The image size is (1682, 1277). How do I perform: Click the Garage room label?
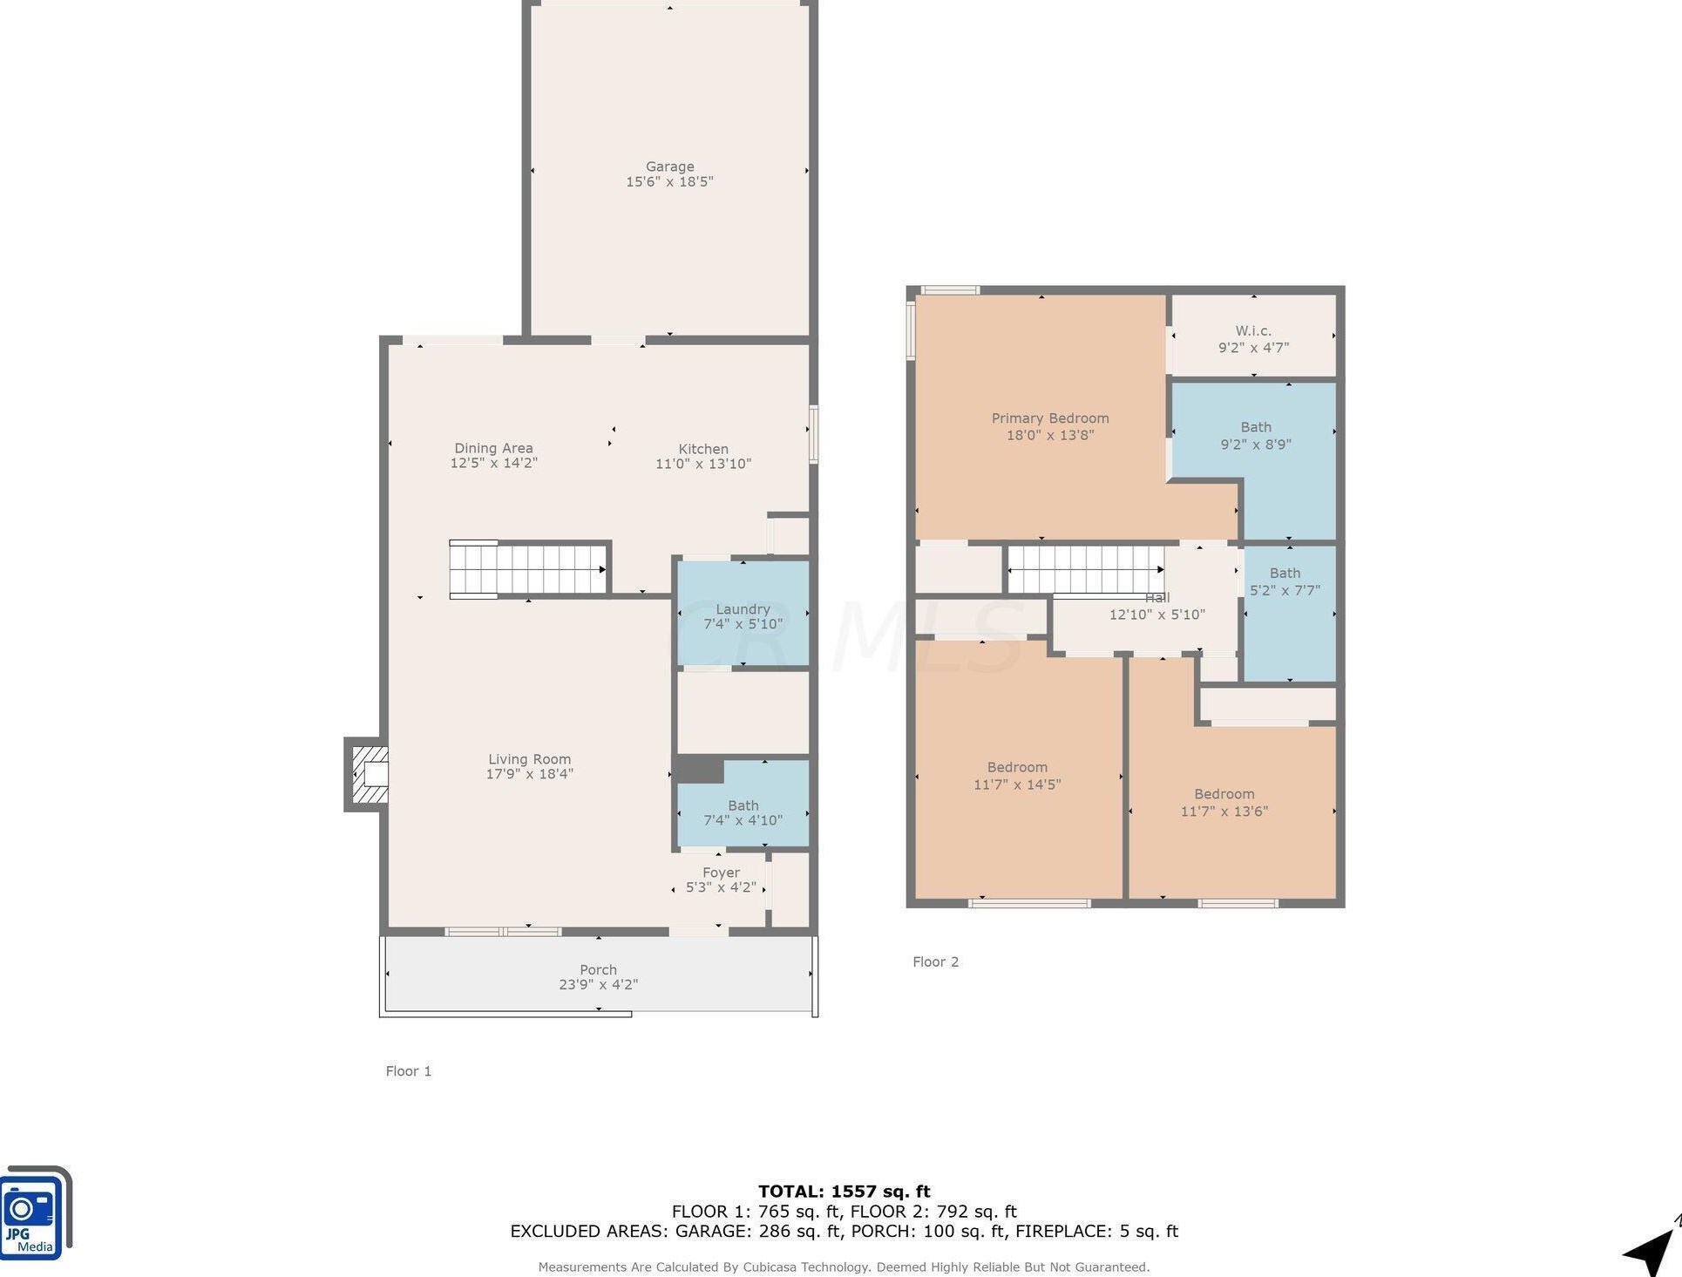click(669, 166)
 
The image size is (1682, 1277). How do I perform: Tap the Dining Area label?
click(493, 448)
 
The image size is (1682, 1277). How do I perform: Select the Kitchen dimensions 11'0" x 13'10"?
click(703, 464)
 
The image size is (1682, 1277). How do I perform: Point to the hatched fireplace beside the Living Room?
click(367, 774)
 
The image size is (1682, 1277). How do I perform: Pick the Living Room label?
click(529, 759)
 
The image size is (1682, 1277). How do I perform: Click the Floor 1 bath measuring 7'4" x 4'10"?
click(743, 803)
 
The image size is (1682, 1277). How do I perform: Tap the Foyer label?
click(721, 873)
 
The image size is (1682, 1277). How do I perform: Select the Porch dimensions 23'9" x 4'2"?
click(599, 985)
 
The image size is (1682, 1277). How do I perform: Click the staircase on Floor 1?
click(528, 569)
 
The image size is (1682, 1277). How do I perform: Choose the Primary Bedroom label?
click(1050, 418)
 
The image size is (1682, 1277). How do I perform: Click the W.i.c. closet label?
click(1253, 331)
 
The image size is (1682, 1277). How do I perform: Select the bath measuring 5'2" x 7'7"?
click(1289, 613)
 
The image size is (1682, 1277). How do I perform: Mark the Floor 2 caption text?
click(935, 961)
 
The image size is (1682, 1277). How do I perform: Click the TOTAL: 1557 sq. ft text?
click(844, 1191)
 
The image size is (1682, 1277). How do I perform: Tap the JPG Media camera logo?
click(35, 1212)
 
